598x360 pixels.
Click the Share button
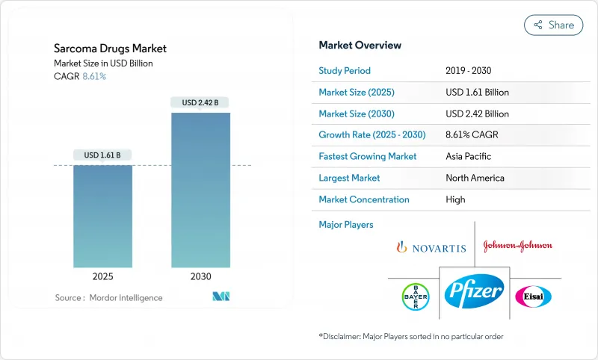click(x=554, y=25)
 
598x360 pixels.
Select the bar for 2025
click(x=102, y=216)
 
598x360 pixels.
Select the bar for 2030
click(x=200, y=190)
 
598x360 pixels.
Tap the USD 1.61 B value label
click(x=102, y=155)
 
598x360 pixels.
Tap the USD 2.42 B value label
click(x=200, y=102)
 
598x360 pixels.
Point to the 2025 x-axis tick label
click(x=102, y=276)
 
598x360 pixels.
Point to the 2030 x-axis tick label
click(x=200, y=276)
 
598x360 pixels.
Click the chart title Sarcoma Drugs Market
click(x=111, y=49)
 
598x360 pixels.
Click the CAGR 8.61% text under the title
click(x=80, y=76)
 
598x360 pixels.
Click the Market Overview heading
click(x=360, y=46)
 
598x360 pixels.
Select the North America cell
click(x=475, y=178)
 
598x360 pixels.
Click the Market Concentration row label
click(x=364, y=199)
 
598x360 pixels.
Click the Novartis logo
click(x=431, y=247)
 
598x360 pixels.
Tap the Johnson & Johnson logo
click(x=518, y=246)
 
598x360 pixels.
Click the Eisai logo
click(x=533, y=296)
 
